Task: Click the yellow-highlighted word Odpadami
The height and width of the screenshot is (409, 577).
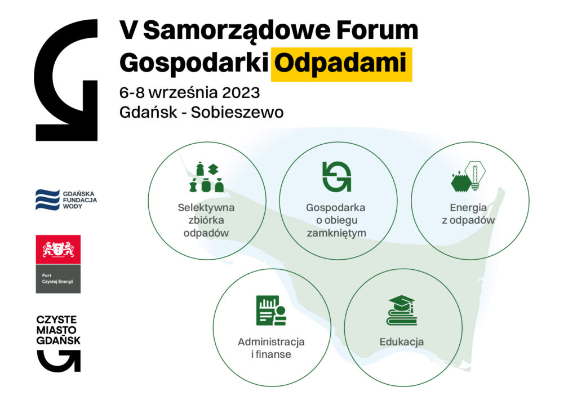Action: pyautogui.click(x=341, y=64)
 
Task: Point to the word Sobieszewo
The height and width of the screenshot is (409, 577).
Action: pyautogui.click(x=237, y=112)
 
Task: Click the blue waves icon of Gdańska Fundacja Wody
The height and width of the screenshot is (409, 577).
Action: pyautogui.click(x=47, y=200)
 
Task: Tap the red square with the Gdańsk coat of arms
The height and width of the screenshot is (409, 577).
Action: pyautogui.click(x=58, y=250)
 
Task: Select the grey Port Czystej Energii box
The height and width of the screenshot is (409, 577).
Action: pyautogui.click(x=58, y=279)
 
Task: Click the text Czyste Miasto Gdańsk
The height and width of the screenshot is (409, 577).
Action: pyautogui.click(x=58, y=330)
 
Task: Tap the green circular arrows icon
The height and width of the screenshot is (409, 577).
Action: pyautogui.click(x=337, y=176)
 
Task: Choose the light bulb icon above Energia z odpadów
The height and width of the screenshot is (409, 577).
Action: pyautogui.click(x=475, y=175)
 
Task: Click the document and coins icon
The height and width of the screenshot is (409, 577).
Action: pyautogui.click(x=271, y=310)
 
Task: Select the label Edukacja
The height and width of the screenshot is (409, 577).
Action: pyautogui.click(x=401, y=342)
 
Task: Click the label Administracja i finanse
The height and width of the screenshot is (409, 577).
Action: pyautogui.click(x=271, y=348)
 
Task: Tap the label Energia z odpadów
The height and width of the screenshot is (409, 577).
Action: pyautogui.click(x=468, y=214)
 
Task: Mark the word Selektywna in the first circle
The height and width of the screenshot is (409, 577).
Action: pyautogui.click(x=206, y=207)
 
